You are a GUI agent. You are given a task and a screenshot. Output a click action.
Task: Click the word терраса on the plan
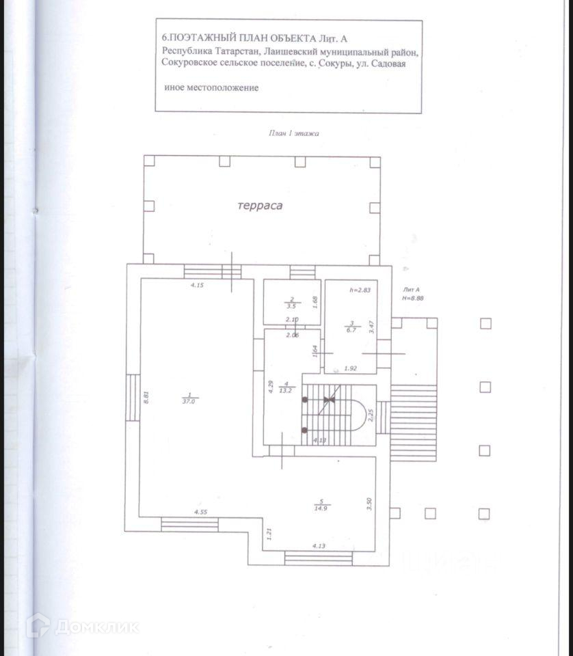[260, 205]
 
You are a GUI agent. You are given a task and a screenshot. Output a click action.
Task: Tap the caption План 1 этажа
[293, 133]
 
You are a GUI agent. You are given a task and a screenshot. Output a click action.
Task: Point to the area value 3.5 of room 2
[291, 307]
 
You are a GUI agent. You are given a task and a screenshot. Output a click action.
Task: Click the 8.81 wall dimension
[146, 398]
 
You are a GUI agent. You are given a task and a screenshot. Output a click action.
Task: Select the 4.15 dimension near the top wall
[198, 284]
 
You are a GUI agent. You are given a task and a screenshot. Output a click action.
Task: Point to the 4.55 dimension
[200, 512]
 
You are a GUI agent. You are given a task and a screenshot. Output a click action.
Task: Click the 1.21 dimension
[271, 534]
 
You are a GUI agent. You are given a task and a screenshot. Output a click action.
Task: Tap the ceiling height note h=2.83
[360, 290]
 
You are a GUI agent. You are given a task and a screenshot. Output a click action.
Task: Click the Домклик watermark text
[96, 626]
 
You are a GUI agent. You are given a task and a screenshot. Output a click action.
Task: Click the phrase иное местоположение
[211, 88]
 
